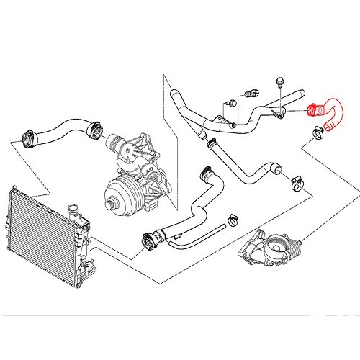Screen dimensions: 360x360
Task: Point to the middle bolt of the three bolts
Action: [252, 93]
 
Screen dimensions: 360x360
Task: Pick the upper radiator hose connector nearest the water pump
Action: [92, 130]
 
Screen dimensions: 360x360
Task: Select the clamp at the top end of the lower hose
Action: [204, 174]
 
